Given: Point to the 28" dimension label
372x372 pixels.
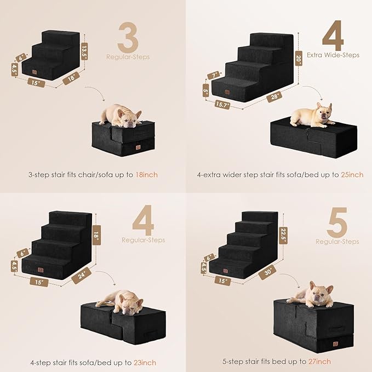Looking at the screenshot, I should click(x=271, y=96).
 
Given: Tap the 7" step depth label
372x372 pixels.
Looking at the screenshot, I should click(x=214, y=75).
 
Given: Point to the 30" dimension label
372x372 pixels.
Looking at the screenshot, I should click(x=268, y=271).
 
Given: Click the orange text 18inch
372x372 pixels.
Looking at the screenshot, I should click(x=146, y=175).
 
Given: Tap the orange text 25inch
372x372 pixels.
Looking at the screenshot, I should click(x=351, y=175).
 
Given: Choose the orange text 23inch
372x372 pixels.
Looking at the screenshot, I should click(x=145, y=362).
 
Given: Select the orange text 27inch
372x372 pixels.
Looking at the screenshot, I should click(x=319, y=362).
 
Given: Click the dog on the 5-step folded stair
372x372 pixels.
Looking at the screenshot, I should click(x=312, y=294).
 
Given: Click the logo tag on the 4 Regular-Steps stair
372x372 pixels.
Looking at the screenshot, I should click(x=40, y=270).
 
